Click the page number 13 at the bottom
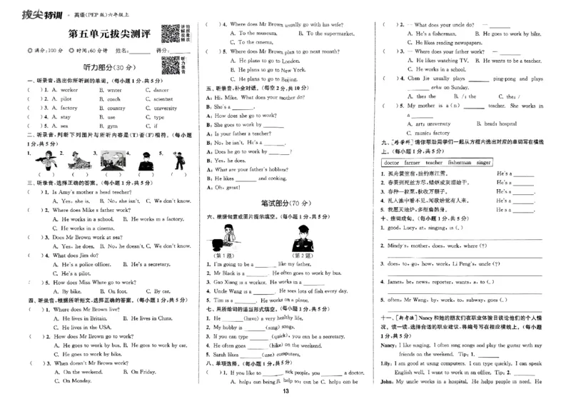[285, 390]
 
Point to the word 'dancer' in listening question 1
[161, 91]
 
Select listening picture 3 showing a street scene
[108, 163]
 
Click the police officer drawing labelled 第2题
[301, 239]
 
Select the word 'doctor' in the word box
[393, 163]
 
